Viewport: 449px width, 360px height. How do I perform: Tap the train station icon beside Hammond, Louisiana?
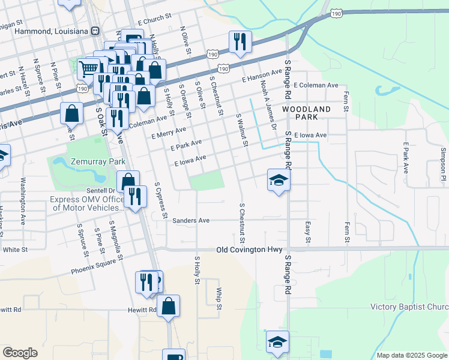(95, 31)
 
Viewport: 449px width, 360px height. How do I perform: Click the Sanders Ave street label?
(191, 221)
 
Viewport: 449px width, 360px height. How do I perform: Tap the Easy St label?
(308, 231)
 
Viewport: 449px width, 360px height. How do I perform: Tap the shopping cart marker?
(89, 67)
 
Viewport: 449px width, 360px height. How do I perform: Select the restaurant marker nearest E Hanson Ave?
(240, 41)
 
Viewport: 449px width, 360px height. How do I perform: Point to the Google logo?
(20, 353)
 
